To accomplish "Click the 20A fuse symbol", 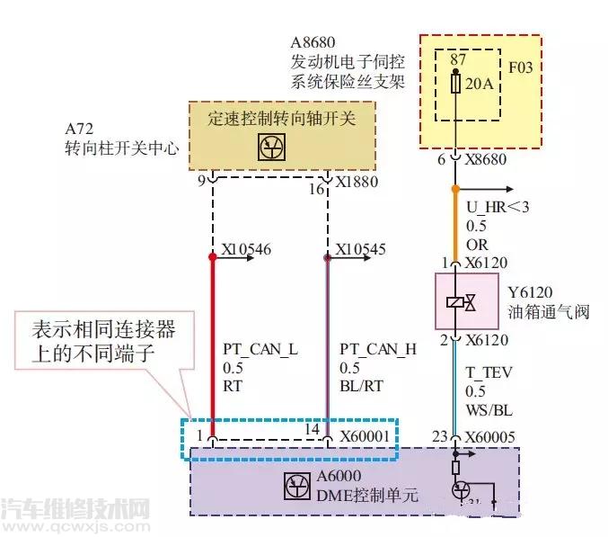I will click(456, 84).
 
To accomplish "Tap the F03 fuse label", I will click(522, 67).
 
